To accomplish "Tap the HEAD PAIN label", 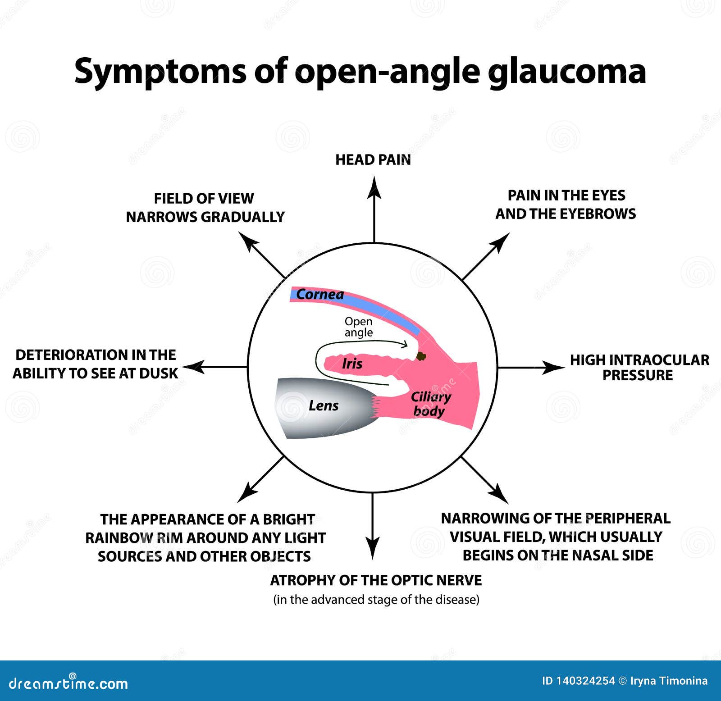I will (373, 160).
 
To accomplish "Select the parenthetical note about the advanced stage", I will (376, 600).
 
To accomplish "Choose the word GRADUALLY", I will (242, 217).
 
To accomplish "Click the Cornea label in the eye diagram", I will (320, 295).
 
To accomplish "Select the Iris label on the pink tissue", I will (352, 364).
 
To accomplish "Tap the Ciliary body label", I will (430, 404).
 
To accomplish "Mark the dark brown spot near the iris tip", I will (421, 356).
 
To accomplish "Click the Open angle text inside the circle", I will (359, 327).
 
